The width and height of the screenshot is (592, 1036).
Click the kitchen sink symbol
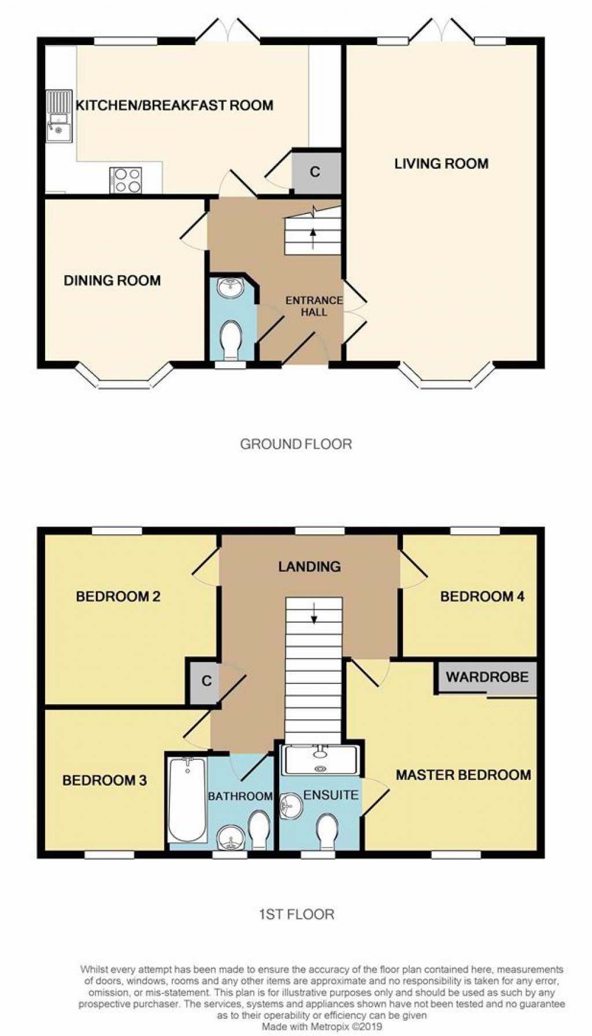(58, 117)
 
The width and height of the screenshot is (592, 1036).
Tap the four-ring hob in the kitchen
(125, 180)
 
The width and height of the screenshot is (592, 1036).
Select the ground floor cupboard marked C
(315, 172)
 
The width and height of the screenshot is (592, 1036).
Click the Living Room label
(441, 164)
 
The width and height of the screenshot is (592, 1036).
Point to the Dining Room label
(112, 281)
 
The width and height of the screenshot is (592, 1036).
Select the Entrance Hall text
(314, 306)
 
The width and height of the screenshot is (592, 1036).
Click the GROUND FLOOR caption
(295, 444)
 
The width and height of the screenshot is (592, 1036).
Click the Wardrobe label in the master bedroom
(487, 677)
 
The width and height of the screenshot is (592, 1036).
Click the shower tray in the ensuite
(320, 758)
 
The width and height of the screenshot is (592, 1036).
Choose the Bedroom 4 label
(482, 597)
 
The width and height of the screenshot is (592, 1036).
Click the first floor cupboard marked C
(207, 681)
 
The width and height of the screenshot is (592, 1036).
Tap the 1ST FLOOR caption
(295, 915)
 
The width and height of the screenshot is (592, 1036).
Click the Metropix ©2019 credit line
(321, 1027)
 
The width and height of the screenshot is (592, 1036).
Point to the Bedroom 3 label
(105, 780)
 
